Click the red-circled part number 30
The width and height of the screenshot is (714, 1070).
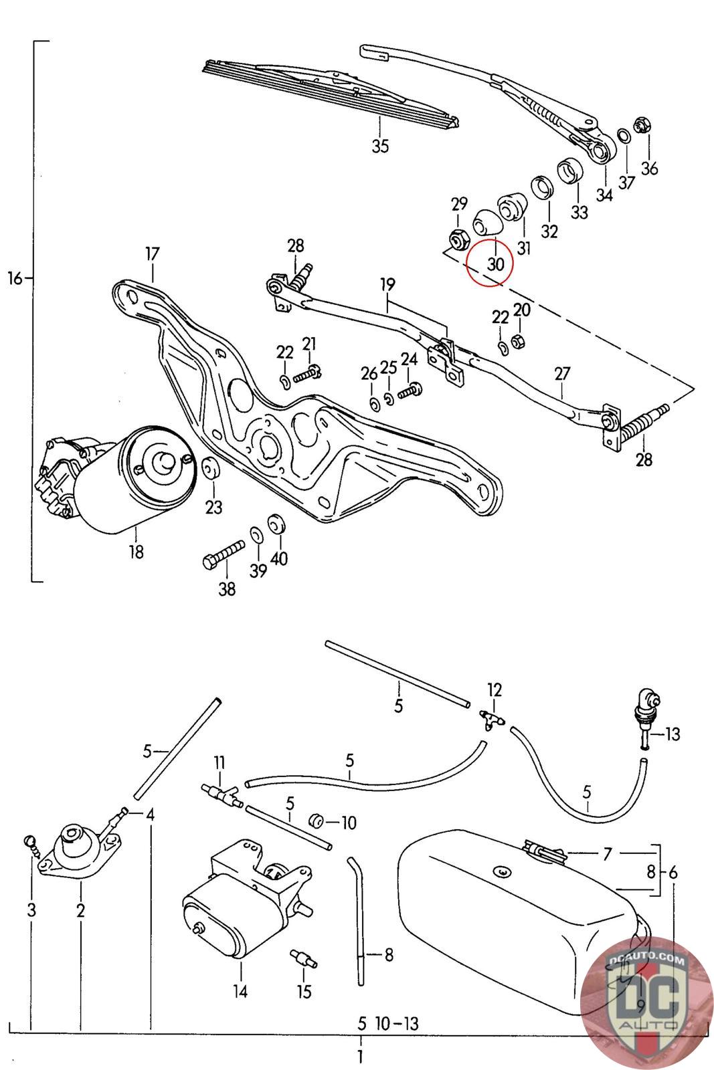point(495,263)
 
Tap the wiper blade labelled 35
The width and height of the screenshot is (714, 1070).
point(331,94)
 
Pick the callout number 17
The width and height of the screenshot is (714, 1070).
point(152,253)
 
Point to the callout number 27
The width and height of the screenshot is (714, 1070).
point(563,374)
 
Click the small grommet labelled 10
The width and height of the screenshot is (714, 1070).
point(315,820)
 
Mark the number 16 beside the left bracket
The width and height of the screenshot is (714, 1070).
point(15,278)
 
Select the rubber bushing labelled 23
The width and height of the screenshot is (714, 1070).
point(210,468)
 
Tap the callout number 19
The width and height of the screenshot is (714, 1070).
point(388,285)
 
